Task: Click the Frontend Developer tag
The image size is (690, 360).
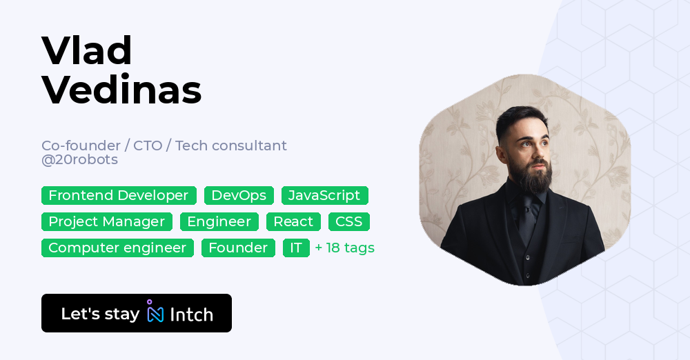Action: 119,195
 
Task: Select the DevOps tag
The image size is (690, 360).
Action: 239,195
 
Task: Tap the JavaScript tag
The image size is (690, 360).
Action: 325,195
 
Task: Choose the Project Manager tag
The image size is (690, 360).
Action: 107,221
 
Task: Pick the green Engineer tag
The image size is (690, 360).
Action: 219,221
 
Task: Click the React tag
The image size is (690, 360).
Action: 293,221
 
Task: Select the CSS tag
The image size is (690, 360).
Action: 349,221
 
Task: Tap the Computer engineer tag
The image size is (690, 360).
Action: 117,248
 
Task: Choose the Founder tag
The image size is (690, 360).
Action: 238,248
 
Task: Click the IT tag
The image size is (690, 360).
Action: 296,248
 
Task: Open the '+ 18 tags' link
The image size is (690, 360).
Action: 345,248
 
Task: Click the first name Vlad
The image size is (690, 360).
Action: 87,50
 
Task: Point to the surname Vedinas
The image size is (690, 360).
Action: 122,90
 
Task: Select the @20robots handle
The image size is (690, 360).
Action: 79,159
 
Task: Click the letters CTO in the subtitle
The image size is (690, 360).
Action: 148,146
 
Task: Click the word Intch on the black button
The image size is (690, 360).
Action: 191,314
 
